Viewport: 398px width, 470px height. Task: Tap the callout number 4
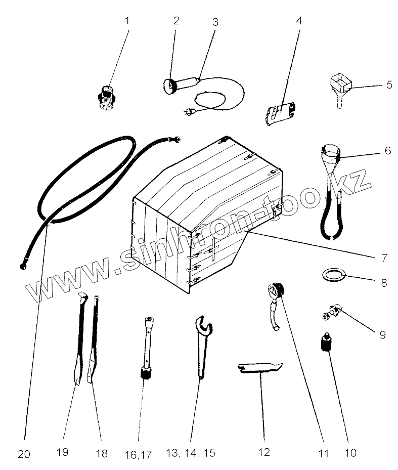(299, 21)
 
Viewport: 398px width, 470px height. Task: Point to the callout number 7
(385, 258)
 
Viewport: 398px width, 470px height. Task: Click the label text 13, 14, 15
(190, 453)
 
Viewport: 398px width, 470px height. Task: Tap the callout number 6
(388, 150)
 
